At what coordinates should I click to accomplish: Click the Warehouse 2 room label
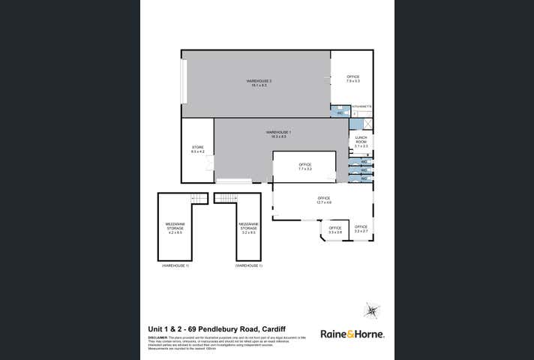pos(259,82)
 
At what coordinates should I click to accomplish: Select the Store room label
pos(198,148)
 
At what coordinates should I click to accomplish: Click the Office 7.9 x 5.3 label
pos(352,78)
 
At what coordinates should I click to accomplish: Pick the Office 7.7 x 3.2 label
pos(304,166)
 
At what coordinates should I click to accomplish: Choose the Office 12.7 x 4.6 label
pos(323,200)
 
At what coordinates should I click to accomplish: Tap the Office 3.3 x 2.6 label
pos(334,229)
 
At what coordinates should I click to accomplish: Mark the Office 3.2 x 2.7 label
pos(361,229)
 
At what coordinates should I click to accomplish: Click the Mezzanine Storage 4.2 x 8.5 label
pos(175,227)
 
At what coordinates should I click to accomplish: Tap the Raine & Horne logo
pos(352,334)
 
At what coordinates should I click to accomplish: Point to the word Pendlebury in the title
pos(221,328)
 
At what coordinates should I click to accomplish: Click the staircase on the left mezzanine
pos(199,197)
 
